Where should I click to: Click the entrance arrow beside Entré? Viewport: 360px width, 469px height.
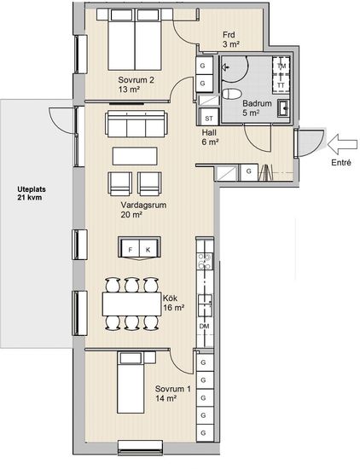pyautogui.click(x=342, y=144)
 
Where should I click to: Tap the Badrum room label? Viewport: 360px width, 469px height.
pyautogui.click(x=257, y=103)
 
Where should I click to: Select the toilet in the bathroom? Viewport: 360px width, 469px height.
pyautogui.click(x=231, y=94)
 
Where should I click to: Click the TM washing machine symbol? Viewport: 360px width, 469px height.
pyautogui.click(x=282, y=66)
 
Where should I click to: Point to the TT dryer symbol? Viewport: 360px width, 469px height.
pyautogui.click(x=282, y=84)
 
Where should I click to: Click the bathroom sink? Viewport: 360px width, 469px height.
pyautogui.click(x=283, y=107)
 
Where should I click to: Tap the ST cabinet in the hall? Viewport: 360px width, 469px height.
pyautogui.click(x=209, y=118)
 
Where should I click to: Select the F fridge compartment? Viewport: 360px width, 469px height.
pyautogui.click(x=131, y=249)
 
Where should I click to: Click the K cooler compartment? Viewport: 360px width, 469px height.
pyautogui.click(x=148, y=249)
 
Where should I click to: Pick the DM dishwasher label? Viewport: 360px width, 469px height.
pyautogui.click(x=205, y=326)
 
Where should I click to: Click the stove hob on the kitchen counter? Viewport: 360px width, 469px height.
pyautogui.click(x=205, y=261)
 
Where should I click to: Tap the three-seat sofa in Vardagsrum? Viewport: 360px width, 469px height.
pyautogui.click(x=136, y=124)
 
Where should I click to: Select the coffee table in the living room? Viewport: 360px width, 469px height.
pyautogui.click(x=135, y=155)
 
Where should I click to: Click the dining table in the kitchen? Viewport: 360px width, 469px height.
pyautogui.click(x=131, y=304)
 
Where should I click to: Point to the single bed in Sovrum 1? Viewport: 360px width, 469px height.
pyautogui.click(x=131, y=382)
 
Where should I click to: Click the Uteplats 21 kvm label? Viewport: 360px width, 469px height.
pyautogui.click(x=31, y=194)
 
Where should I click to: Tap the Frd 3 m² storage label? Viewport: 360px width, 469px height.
pyautogui.click(x=230, y=39)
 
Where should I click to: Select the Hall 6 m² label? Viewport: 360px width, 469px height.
pyautogui.click(x=210, y=137)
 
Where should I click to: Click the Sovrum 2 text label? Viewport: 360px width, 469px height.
pyautogui.click(x=136, y=80)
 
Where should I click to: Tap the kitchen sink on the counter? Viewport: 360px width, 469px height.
pyautogui.click(x=205, y=305)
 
